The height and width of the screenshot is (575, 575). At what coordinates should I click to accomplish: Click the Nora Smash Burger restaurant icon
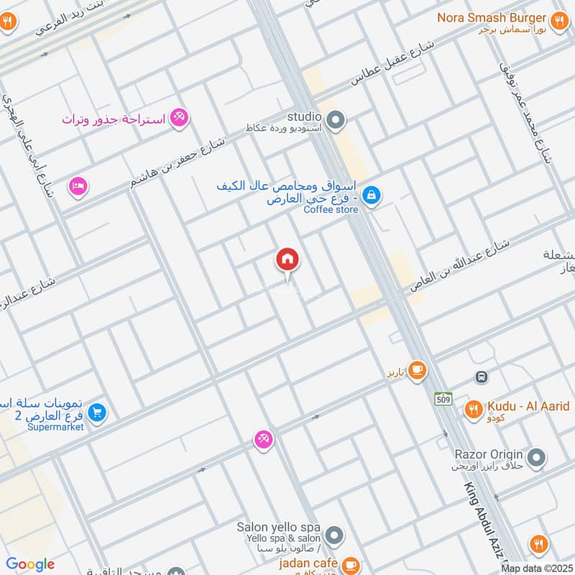click(x=559, y=20)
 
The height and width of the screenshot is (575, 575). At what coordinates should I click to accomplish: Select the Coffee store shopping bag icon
click(x=371, y=194)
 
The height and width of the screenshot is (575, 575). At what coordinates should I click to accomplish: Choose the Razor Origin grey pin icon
click(x=535, y=456)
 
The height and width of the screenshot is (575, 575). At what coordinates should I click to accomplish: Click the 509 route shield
click(x=442, y=397)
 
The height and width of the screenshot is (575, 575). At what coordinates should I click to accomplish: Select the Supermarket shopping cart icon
click(x=98, y=413)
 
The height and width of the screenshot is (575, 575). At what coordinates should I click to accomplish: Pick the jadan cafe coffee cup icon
click(x=350, y=565)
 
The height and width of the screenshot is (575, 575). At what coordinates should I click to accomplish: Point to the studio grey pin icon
click(x=334, y=121)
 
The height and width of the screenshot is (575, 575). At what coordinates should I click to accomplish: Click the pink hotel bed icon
click(x=78, y=186)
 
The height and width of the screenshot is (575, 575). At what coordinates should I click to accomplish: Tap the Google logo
click(x=30, y=564)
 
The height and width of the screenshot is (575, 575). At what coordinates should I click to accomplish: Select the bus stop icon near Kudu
click(x=481, y=376)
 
